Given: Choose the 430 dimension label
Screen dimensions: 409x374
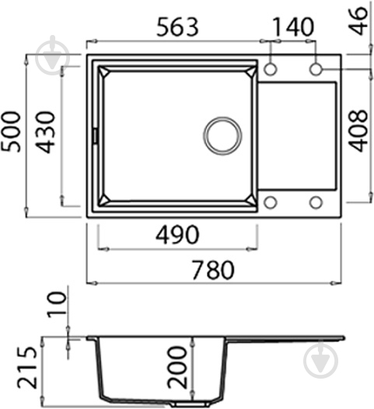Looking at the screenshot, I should coord(47,132).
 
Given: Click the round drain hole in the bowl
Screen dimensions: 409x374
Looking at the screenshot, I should coord(222,135).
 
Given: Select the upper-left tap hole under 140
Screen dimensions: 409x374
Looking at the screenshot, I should coord(270,69).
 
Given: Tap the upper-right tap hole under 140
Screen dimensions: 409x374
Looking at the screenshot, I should coord(316,69).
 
